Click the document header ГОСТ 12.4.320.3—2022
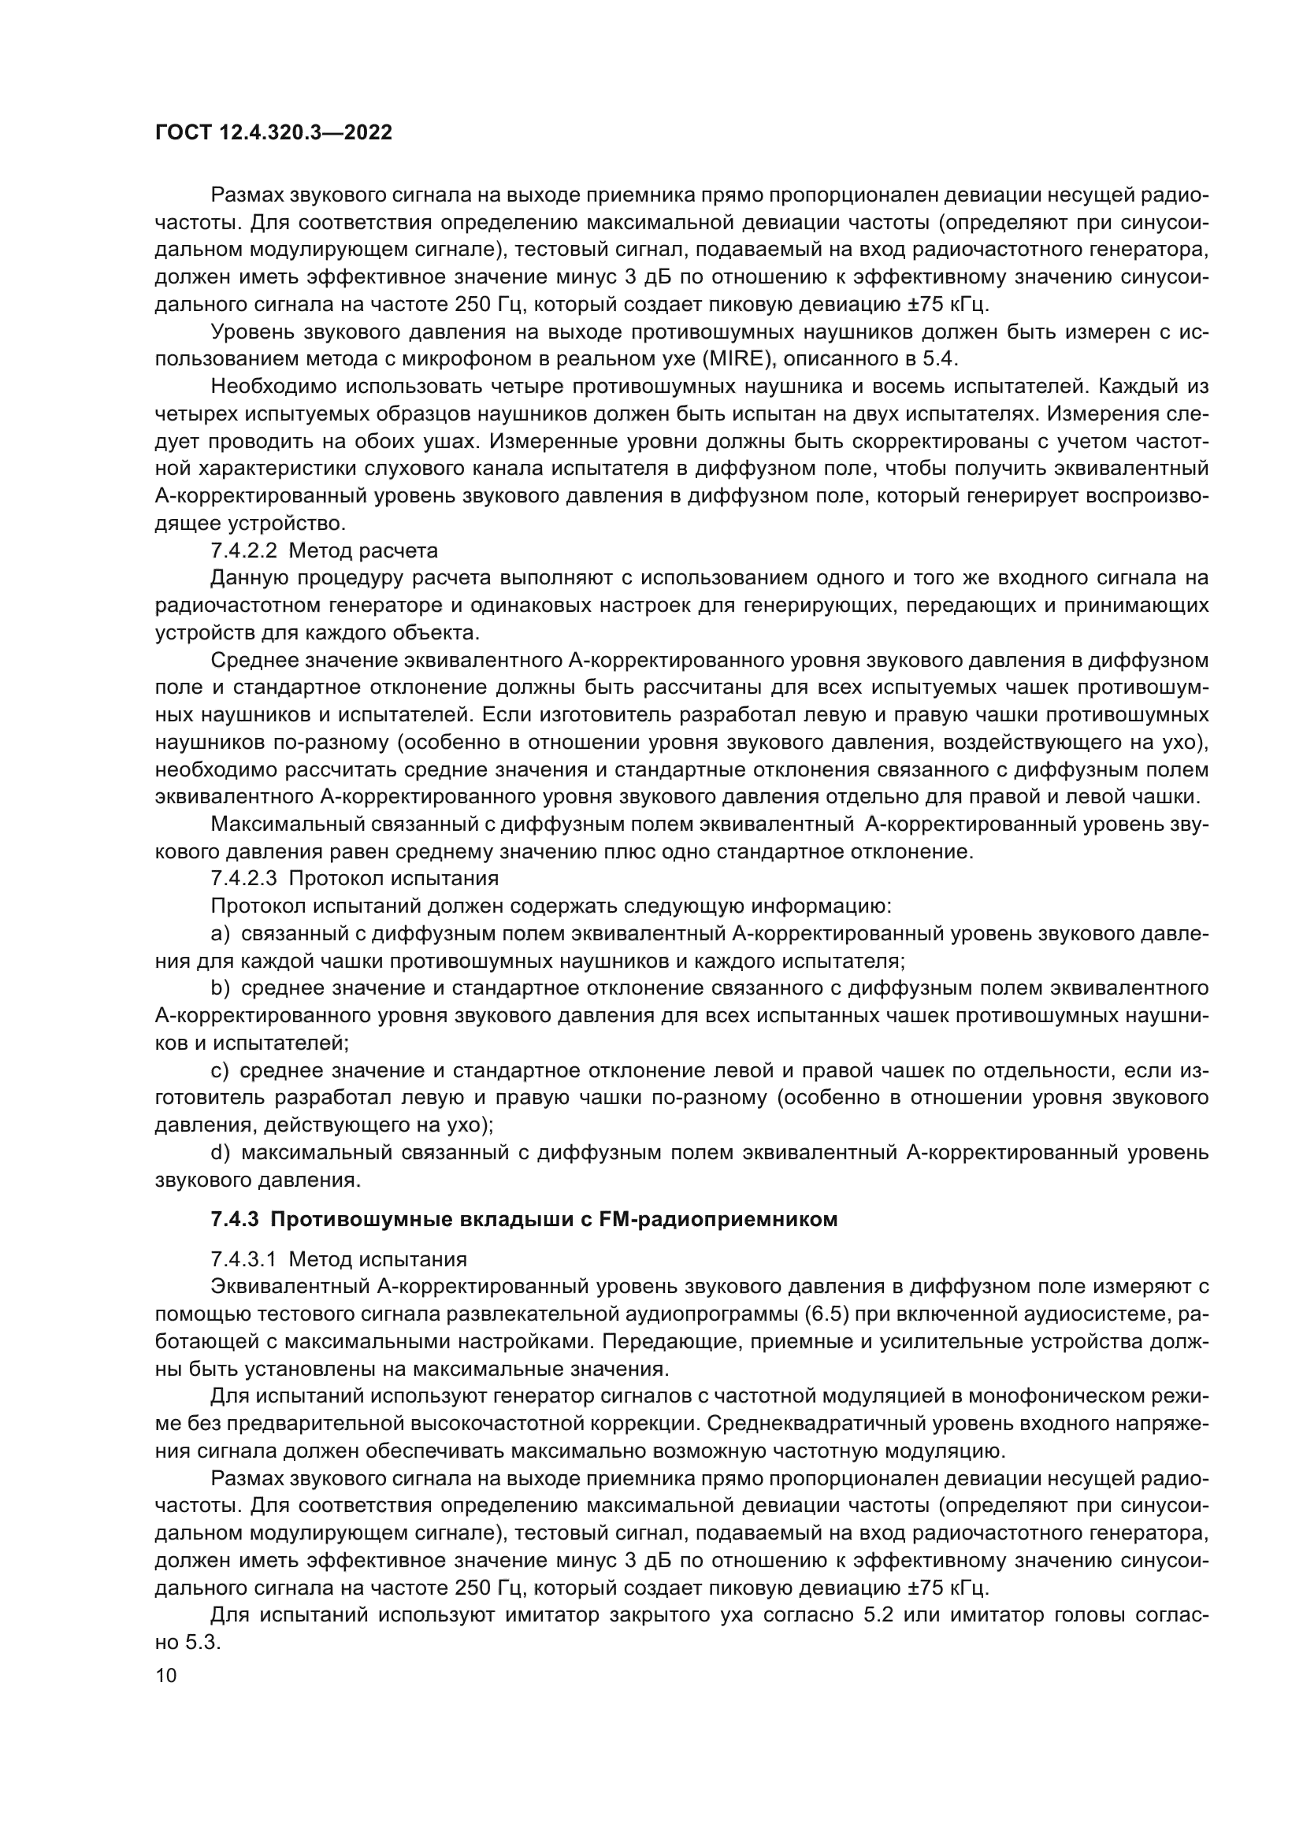tap(273, 133)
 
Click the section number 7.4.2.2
tap(243, 551)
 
